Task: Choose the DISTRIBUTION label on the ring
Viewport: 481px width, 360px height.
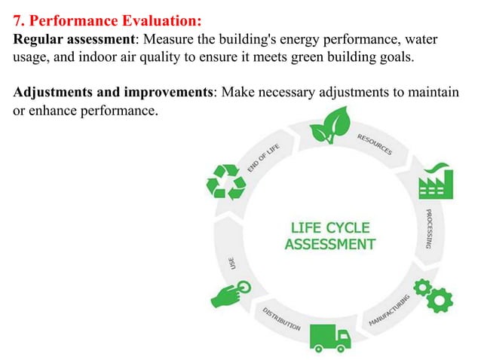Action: point(281,319)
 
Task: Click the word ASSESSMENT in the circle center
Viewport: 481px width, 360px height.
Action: point(329,244)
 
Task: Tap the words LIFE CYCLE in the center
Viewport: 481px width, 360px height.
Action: point(329,227)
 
